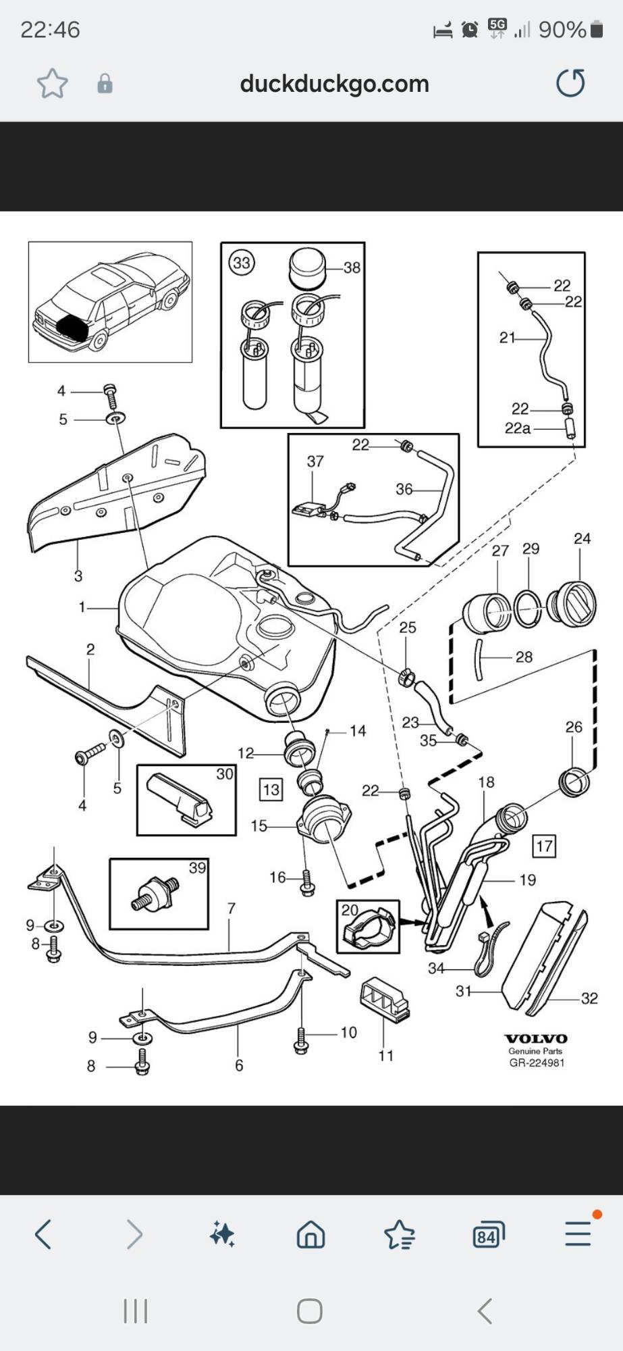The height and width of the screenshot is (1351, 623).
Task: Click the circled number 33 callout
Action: click(242, 262)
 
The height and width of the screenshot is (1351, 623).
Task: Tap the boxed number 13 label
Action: click(271, 790)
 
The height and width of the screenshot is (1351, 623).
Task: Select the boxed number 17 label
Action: click(544, 846)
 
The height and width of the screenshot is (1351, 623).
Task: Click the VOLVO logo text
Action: click(536, 1039)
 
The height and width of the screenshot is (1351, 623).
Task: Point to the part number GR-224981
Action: click(537, 1063)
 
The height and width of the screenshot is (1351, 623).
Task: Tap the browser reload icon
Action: click(570, 83)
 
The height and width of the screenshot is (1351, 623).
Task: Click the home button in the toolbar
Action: click(310, 1235)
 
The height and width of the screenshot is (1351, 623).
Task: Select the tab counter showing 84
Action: click(488, 1235)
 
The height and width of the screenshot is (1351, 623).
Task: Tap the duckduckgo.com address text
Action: click(334, 84)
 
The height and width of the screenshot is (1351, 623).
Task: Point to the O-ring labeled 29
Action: click(529, 608)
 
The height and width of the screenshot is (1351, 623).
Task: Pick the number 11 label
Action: click(385, 1056)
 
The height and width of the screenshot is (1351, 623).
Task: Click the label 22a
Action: click(518, 428)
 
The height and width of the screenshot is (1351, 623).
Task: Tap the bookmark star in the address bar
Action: click(53, 84)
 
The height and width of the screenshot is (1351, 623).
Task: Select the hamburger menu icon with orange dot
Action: click(578, 1233)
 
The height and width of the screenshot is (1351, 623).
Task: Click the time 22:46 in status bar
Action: click(50, 30)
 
